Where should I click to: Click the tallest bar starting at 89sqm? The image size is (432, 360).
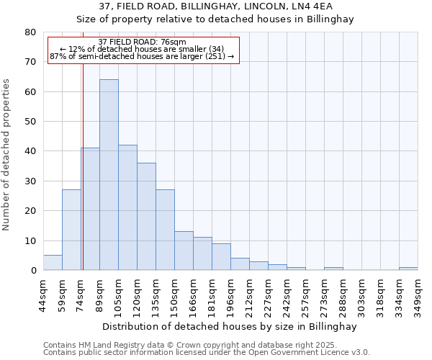tap(109, 175)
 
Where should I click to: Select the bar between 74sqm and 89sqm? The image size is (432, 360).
tap(90, 209)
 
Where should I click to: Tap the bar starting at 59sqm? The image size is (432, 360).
tap(71, 230)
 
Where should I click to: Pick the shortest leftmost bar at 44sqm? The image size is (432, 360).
tap(53, 263)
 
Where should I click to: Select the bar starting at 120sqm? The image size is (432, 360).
tap(146, 217)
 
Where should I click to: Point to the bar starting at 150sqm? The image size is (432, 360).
tap(184, 251)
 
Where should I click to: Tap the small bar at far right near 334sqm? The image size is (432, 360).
tap(408, 269)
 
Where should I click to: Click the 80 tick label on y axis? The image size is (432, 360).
tap(30, 32)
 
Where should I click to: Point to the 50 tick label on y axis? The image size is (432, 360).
tap(30, 122)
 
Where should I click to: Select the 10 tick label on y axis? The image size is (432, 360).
tap(30, 240)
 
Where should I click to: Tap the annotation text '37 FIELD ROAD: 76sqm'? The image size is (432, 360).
tap(142, 42)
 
